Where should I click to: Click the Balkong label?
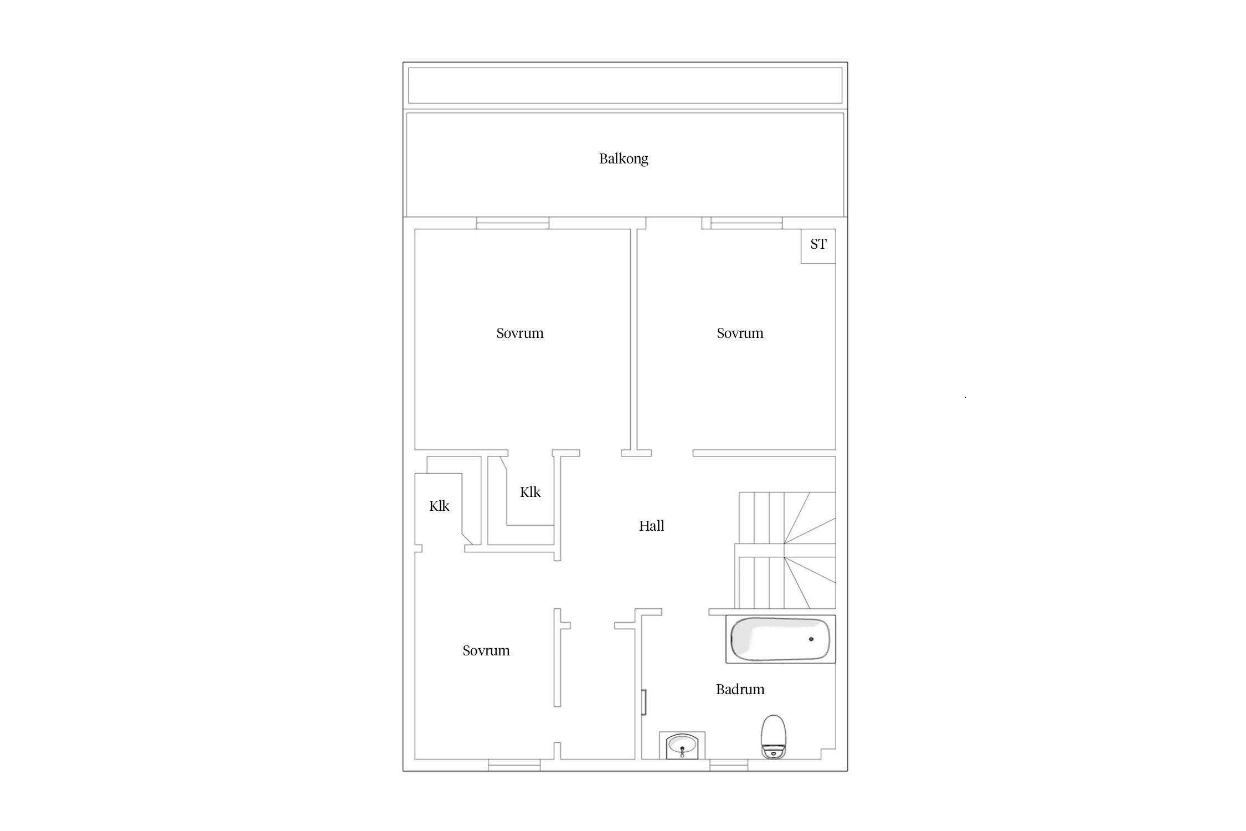pyautogui.click(x=624, y=159)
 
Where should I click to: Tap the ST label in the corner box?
pyautogui.click(x=818, y=244)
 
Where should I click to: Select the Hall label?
pyautogui.click(x=651, y=526)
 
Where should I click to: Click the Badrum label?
pyautogui.click(x=740, y=689)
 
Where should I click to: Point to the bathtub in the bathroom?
pyautogui.click(x=781, y=639)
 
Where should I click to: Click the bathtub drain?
pyautogui.click(x=811, y=639)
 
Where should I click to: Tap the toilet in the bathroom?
pyautogui.click(x=774, y=736)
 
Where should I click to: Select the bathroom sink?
pyautogui.click(x=682, y=745)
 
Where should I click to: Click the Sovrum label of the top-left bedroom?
pyautogui.click(x=520, y=333)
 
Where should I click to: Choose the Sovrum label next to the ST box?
pyautogui.click(x=740, y=333)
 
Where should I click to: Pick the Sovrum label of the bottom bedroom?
pyautogui.click(x=486, y=650)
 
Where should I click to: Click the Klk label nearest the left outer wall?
pyautogui.click(x=439, y=506)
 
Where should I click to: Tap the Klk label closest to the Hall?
pyautogui.click(x=530, y=492)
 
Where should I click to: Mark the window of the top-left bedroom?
pyautogui.click(x=513, y=223)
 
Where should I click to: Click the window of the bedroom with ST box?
pyautogui.click(x=746, y=223)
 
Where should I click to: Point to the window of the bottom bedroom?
pyautogui.click(x=514, y=765)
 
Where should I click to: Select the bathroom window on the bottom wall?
pyautogui.click(x=729, y=765)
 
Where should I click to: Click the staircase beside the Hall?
pyautogui.click(x=785, y=551)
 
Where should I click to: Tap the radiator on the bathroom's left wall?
pyautogui.click(x=644, y=702)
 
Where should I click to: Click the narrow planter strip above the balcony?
pyautogui.click(x=625, y=85)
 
